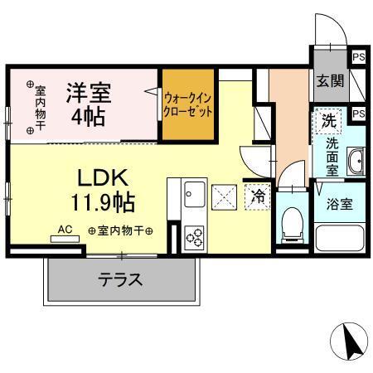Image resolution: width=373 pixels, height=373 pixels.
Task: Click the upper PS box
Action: click(x=358, y=57)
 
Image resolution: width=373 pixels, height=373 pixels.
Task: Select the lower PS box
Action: click(x=358, y=114)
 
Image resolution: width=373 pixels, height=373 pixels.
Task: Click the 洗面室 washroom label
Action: click(x=331, y=157)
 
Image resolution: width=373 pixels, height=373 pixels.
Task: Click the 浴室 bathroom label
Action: click(x=338, y=204)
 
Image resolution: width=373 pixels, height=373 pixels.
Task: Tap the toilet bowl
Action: click(x=290, y=222)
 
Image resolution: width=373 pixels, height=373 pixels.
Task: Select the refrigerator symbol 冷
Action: click(x=258, y=196)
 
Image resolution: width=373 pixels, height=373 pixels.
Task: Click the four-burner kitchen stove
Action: click(x=194, y=238)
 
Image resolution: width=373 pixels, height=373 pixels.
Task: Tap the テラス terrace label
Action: click(x=120, y=280)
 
